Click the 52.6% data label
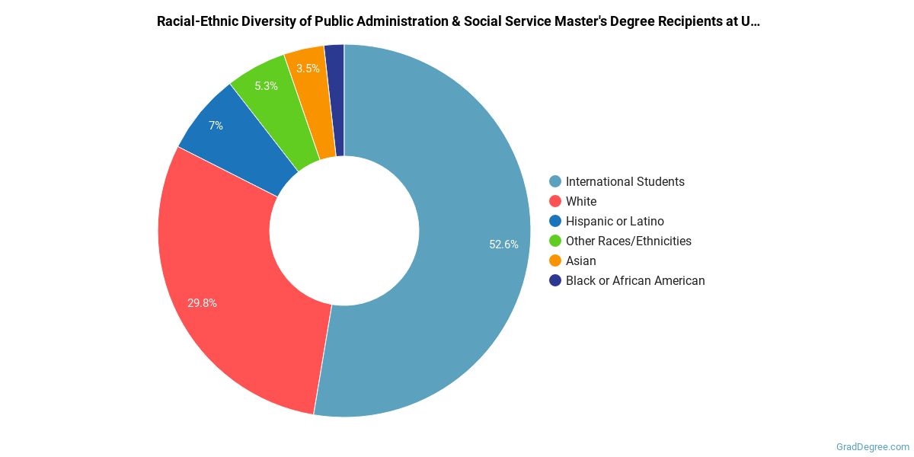pyautogui.click(x=503, y=244)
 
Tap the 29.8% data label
pyautogui.click(x=202, y=302)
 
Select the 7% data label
pyautogui.click(x=216, y=126)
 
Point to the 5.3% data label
pyautogui.click(x=266, y=86)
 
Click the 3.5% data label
pyautogui.click(x=308, y=69)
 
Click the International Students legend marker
pyautogui.click(x=555, y=181)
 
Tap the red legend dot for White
pyautogui.click(x=555, y=201)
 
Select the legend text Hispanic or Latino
pyautogui.click(x=615, y=221)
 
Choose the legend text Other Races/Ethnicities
pyautogui.click(x=628, y=241)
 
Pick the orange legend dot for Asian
pyautogui.click(x=555, y=260)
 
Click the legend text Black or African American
pyautogui.click(x=635, y=280)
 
